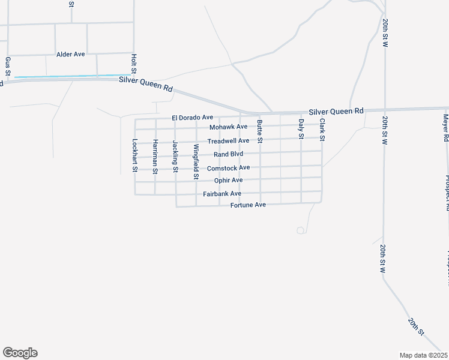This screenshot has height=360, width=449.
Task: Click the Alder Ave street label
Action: pos(71,54)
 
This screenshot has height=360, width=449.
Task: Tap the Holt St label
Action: pos(134,64)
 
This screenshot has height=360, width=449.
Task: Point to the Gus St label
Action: pos(8,66)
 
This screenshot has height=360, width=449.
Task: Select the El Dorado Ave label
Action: pos(192,118)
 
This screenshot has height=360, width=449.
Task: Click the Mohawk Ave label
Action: pos(228,127)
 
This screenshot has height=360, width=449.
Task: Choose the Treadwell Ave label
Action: pos(228,141)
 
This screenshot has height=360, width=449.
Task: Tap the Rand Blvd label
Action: pos(228,154)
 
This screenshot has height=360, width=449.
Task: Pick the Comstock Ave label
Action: pos(228,167)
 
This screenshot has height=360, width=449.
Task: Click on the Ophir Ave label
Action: pos(228,180)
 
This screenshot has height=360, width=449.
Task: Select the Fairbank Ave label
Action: pos(222,194)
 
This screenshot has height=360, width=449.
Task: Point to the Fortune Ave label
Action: pos(248,205)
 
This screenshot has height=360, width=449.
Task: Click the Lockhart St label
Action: pos(135,156)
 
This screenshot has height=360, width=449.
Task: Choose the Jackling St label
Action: pos(175,156)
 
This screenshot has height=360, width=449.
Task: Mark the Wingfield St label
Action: pos(196,162)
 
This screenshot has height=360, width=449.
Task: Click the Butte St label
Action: pos(260,131)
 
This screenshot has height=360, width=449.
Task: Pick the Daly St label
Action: pos(301,128)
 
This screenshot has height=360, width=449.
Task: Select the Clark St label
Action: pos(322,130)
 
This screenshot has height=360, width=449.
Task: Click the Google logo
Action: pos(20,353)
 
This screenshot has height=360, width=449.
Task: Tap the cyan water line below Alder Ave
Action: pos(66,76)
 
